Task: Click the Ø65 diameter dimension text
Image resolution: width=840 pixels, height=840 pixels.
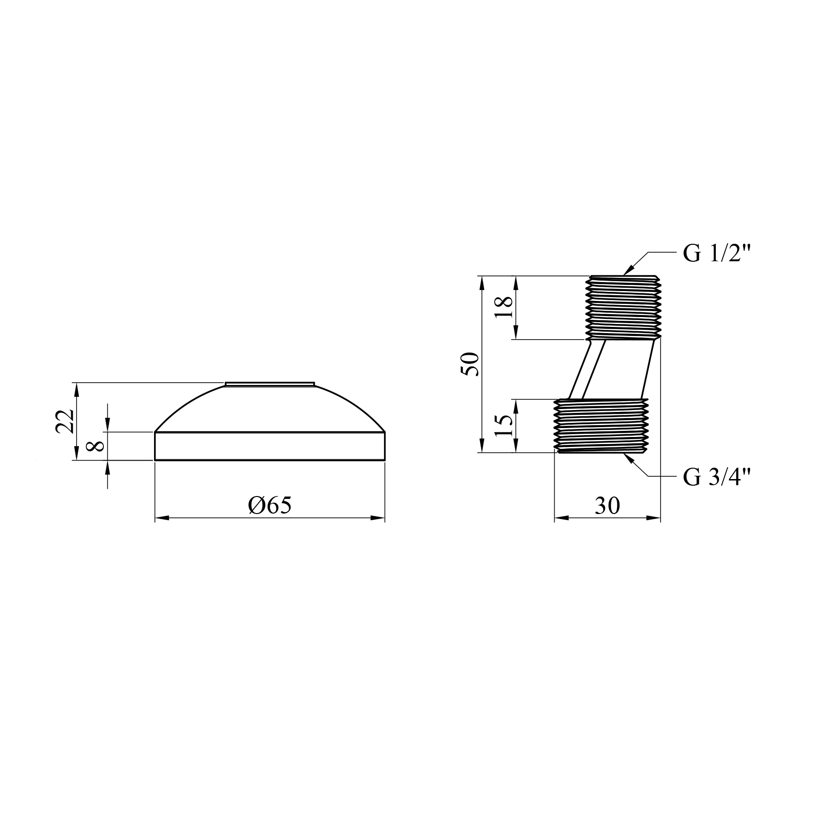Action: (270, 506)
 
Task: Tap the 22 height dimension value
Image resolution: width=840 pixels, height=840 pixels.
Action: (65, 421)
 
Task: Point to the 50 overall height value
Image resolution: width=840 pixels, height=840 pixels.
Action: (471, 364)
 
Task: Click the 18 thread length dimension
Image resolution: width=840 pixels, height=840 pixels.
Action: (505, 308)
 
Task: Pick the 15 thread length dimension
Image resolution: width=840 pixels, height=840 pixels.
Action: (505, 426)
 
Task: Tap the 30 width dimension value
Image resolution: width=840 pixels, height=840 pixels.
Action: (607, 506)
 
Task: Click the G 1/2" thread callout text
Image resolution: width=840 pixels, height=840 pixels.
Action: (717, 254)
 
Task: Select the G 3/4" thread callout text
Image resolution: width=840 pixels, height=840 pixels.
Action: (717, 478)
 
